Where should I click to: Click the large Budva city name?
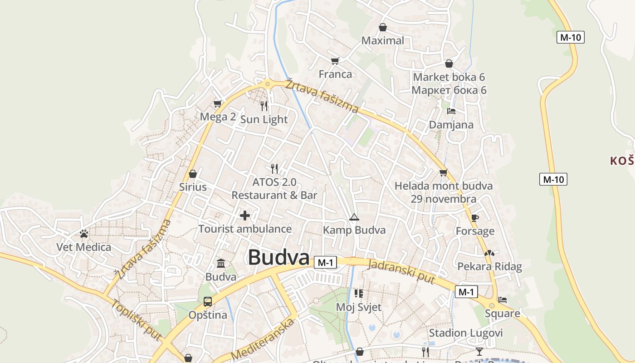tap(278, 257)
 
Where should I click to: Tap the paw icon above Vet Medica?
tap(84, 234)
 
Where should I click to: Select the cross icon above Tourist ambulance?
tap(245, 216)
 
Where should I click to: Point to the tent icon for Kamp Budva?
tap(354, 217)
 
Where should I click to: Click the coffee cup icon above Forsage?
tap(475, 218)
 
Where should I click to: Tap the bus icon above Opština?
tap(208, 302)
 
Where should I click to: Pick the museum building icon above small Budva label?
tap(221, 263)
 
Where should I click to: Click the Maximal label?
tap(382, 40)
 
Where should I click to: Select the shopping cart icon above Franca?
tap(335, 61)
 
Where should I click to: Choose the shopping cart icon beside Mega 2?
tap(218, 104)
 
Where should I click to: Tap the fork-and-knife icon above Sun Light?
tap(264, 106)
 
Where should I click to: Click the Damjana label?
tap(451, 125)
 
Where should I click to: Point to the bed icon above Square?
tap(503, 300)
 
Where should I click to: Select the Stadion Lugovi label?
tap(466, 333)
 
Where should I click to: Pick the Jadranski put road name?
tap(401, 271)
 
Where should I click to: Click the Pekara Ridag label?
tap(489, 266)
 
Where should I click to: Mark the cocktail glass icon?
tap(479, 352)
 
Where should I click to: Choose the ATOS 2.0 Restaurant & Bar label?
tap(274, 189)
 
